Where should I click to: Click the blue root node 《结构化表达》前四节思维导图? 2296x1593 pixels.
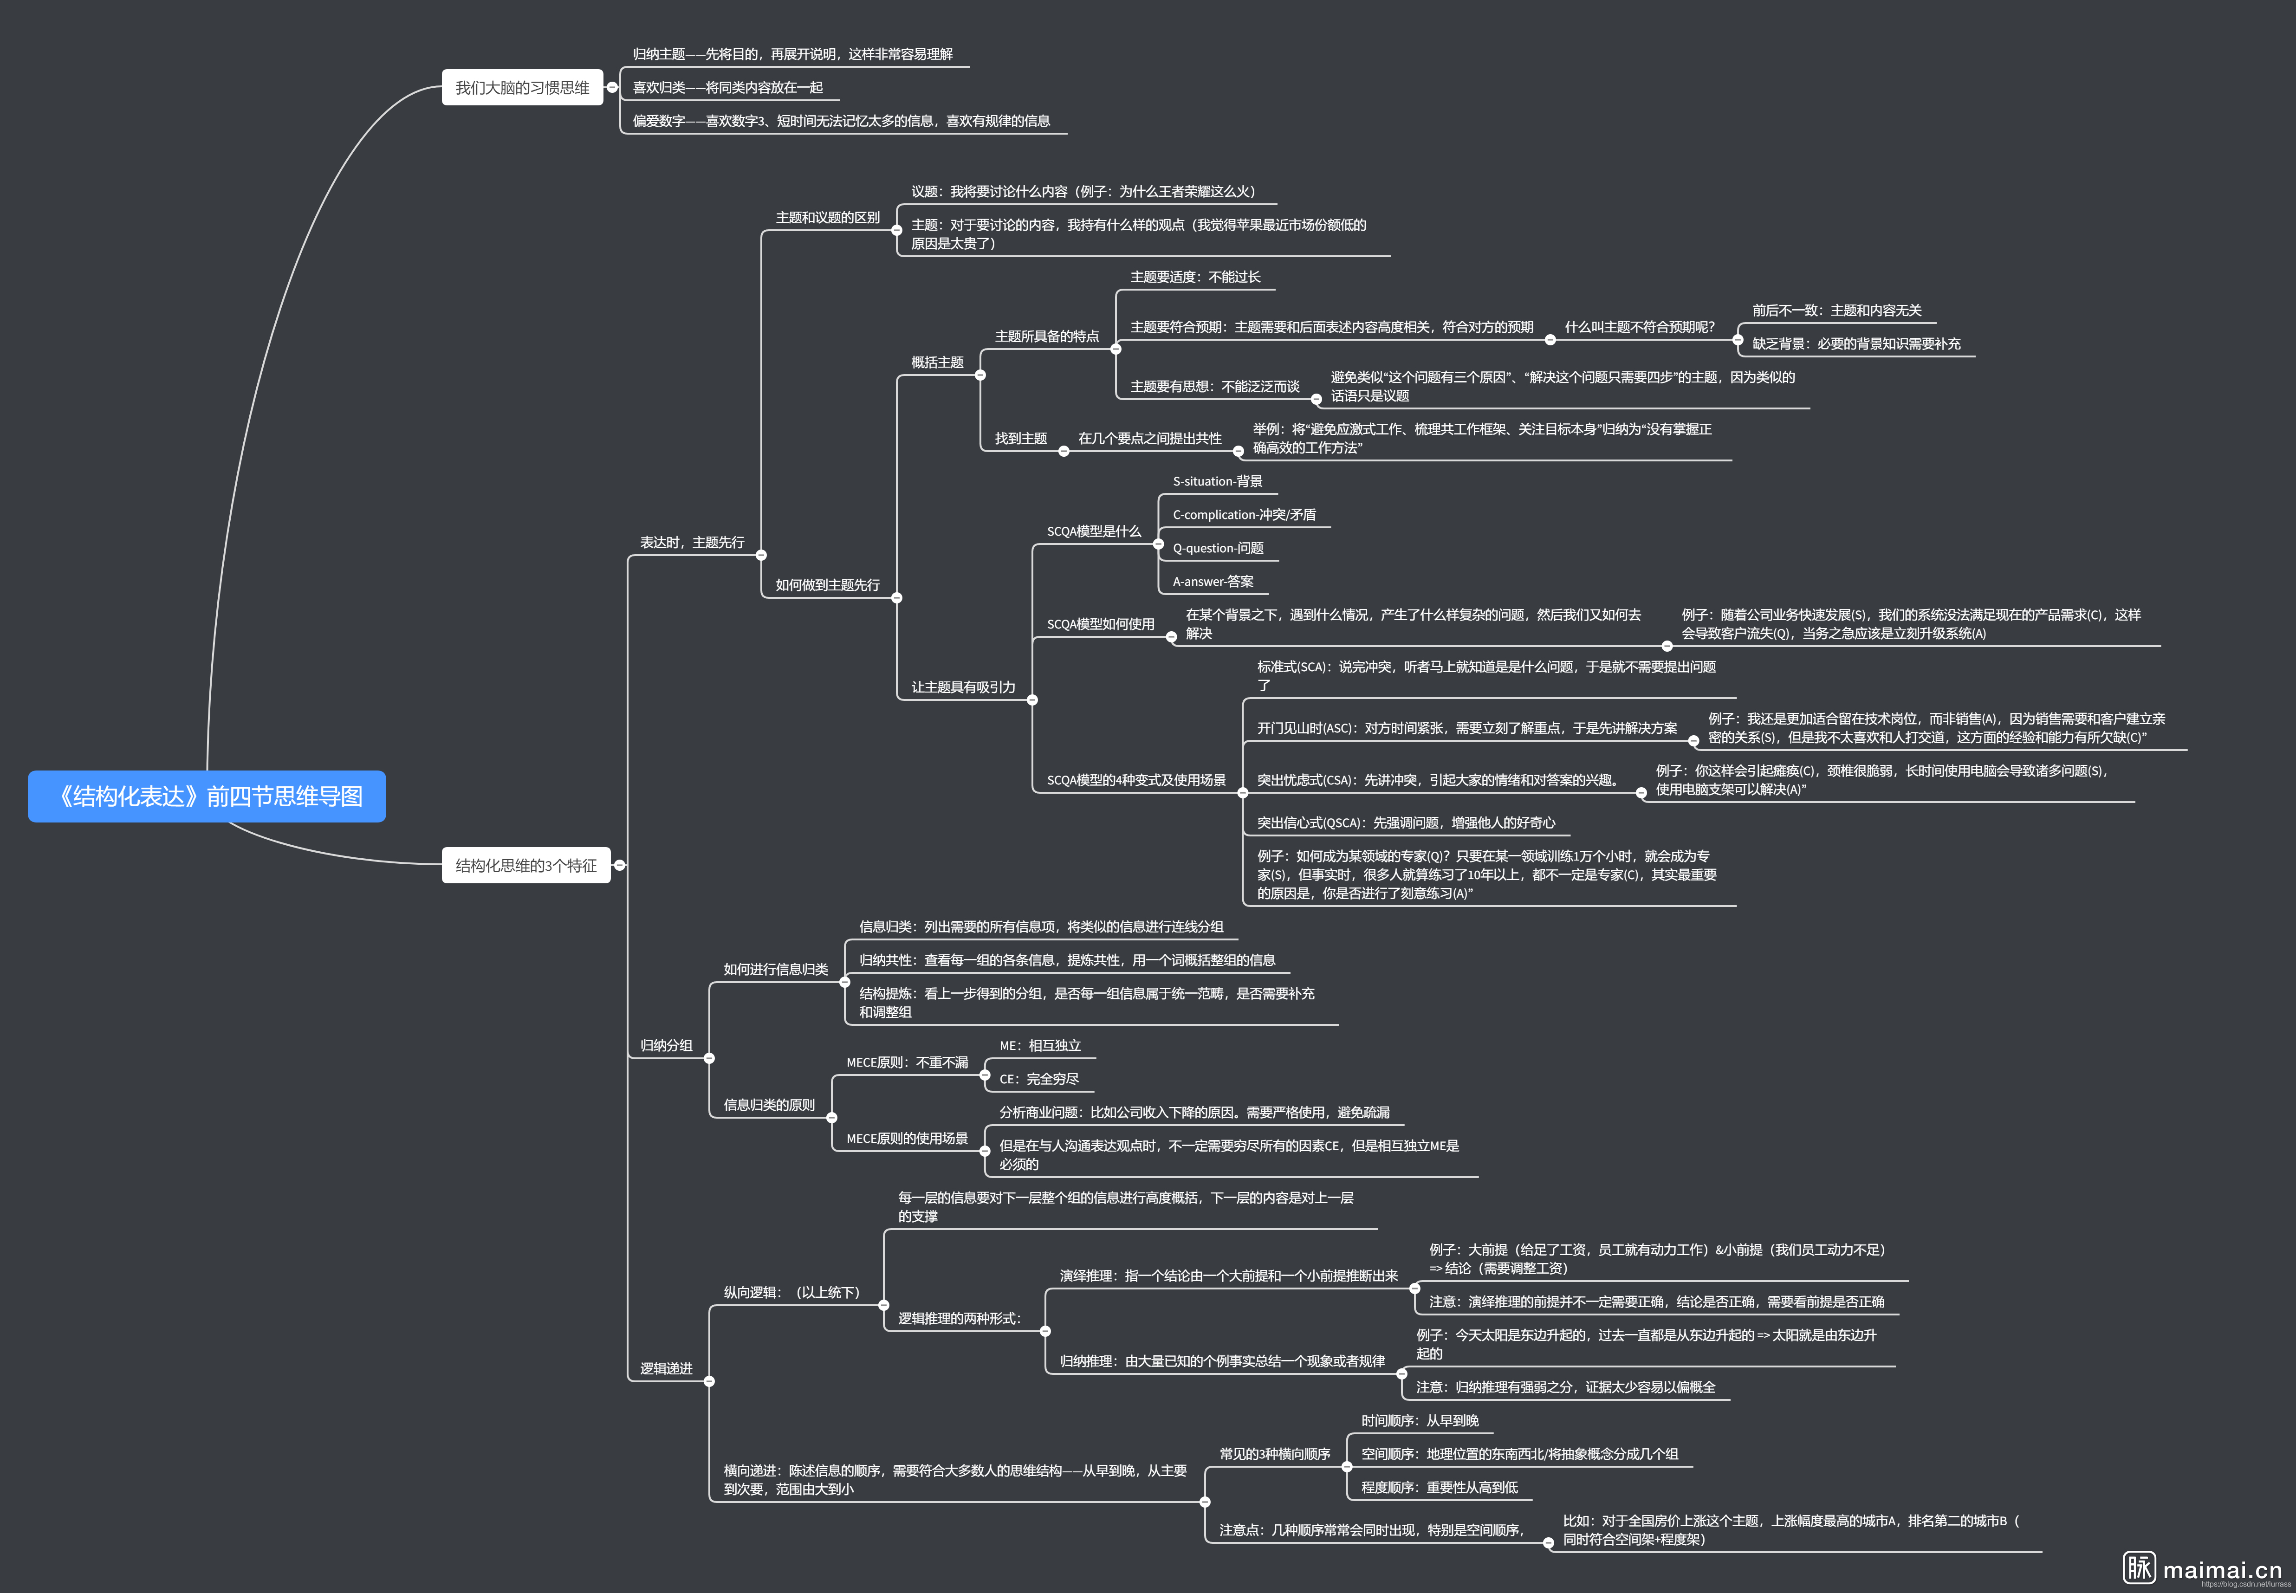pyautogui.click(x=207, y=796)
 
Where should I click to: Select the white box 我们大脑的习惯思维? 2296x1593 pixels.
pyautogui.click(x=522, y=88)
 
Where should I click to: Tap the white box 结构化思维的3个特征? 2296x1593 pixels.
pyautogui.click(x=526, y=865)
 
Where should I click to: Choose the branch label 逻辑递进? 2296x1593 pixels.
pyautogui.click(x=666, y=1368)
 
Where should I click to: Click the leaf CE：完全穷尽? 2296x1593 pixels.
pyautogui.click(x=1039, y=1079)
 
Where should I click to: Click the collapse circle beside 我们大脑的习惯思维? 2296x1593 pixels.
pyautogui.click(x=612, y=88)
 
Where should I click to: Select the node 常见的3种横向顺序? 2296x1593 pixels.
pyautogui.click(x=1275, y=1454)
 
